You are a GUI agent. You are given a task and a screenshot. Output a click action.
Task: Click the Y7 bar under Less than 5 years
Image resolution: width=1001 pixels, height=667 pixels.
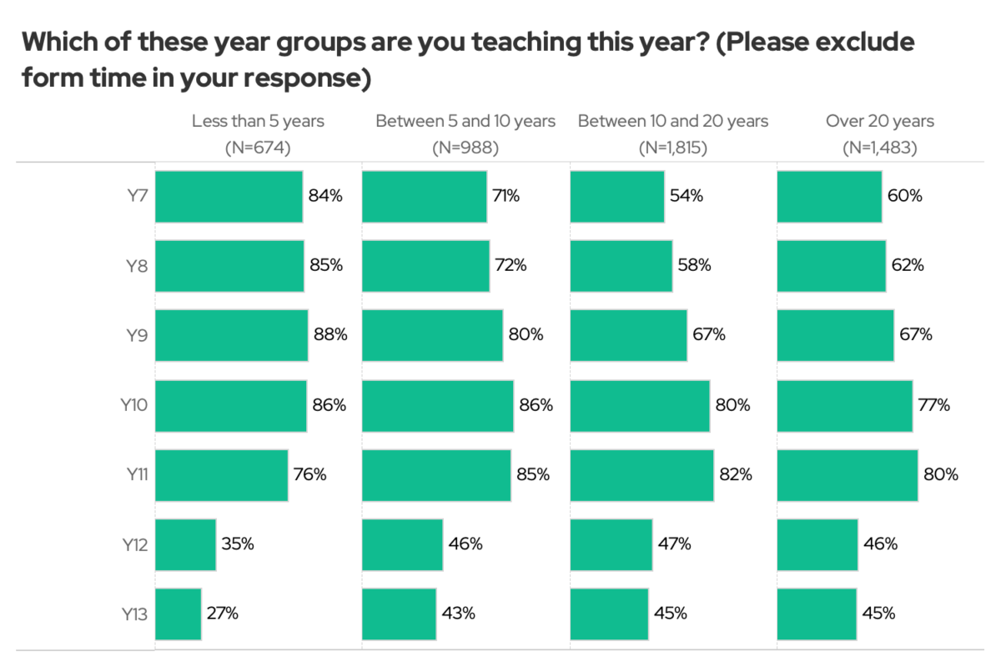coord(229,197)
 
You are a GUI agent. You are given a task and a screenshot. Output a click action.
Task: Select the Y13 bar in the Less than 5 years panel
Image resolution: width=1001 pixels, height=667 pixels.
coord(178,614)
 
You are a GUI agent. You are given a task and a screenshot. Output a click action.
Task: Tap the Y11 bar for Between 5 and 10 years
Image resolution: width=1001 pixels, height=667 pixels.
coord(436,475)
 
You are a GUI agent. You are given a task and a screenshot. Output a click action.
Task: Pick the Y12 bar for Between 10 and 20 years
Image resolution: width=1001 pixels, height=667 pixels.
coord(611,544)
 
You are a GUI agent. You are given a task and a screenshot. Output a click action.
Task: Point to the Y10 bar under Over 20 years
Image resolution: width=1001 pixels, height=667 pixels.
coord(844,406)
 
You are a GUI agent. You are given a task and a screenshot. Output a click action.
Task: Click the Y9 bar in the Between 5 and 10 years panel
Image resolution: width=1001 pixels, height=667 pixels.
coord(432,335)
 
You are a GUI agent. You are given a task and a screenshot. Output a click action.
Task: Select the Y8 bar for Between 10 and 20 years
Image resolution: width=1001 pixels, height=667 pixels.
coord(621,266)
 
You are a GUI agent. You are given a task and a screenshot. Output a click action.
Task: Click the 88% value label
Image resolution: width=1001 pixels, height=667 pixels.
coord(330,335)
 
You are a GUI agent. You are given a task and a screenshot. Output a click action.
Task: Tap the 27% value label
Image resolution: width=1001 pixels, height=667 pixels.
coord(223,614)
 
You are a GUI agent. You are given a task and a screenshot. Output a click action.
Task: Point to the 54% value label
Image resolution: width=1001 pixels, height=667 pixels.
coord(687,197)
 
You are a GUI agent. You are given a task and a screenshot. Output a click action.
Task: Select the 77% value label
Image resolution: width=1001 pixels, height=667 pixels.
coord(934,406)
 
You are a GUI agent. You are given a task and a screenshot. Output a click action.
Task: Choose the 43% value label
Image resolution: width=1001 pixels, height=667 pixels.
coord(459,614)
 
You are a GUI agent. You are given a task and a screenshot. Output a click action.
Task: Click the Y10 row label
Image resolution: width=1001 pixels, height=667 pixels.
coord(134,406)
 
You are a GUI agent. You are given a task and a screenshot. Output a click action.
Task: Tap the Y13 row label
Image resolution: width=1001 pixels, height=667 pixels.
coord(134,614)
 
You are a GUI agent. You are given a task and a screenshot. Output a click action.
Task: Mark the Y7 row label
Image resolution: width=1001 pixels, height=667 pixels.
coord(137,197)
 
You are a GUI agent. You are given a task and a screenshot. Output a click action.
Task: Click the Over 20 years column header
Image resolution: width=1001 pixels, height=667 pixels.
coord(880,121)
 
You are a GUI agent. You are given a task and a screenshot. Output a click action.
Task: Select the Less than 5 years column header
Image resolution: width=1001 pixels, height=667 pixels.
coord(258,121)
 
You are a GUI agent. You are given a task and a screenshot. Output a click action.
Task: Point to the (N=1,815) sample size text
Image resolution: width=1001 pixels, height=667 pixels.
coord(673,148)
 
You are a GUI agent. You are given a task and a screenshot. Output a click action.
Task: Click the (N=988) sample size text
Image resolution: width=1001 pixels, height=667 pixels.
coord(465,148)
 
